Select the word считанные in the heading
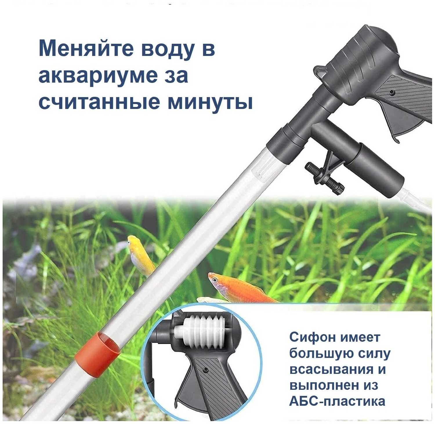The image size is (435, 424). tap(99, 102)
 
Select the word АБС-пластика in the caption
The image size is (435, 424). tap(337, 401)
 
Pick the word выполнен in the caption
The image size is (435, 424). tap(324, 386)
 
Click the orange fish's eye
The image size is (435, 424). tap(215, 280)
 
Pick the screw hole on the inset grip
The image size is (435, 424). tap(205, 370)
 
